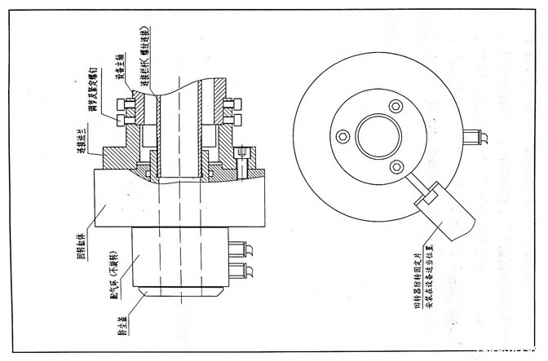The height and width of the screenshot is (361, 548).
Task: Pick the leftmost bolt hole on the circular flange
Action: (342, 135)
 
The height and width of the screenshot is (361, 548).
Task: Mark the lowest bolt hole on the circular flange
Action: (395, 166)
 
